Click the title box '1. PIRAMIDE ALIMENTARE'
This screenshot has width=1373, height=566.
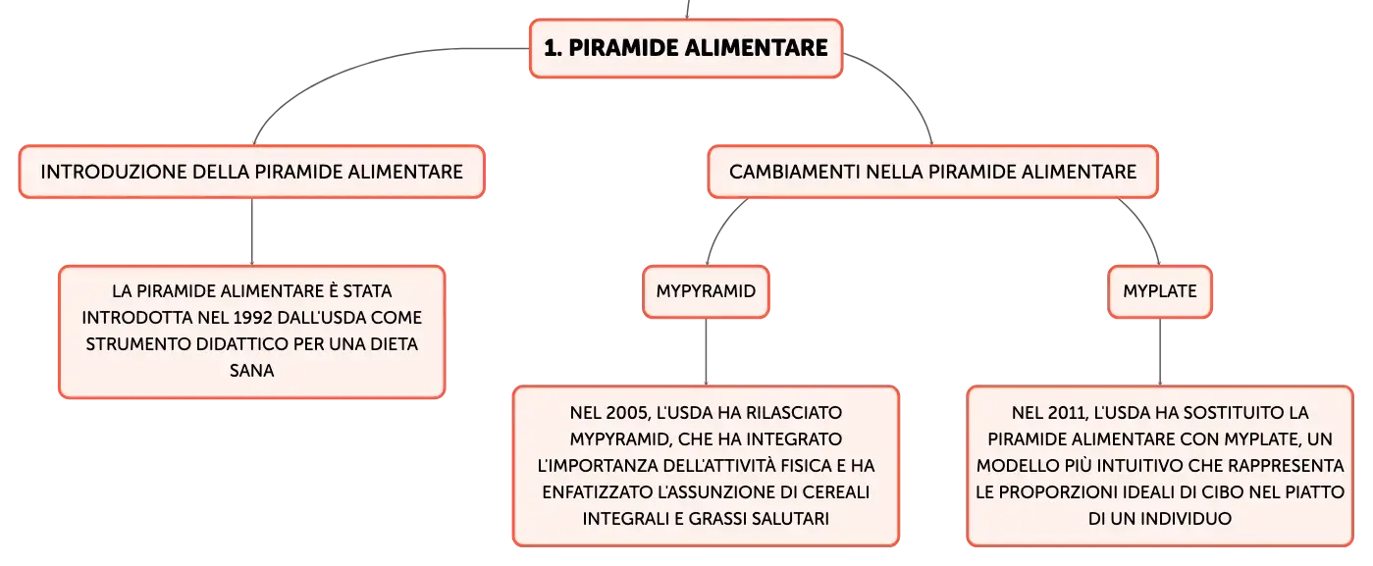click(686, 48)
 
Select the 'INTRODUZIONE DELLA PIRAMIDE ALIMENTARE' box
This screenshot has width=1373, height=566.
click(252, 172)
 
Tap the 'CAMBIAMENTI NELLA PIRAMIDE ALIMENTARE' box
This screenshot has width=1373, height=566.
click(933, 172)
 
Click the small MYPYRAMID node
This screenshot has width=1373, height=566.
click(706, 291)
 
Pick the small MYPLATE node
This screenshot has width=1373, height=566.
click(1160, 291)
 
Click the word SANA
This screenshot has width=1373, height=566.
click(252, 371)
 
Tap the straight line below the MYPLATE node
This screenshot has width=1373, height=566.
click(1160, 352)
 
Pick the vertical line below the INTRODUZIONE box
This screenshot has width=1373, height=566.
click(252, 232)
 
